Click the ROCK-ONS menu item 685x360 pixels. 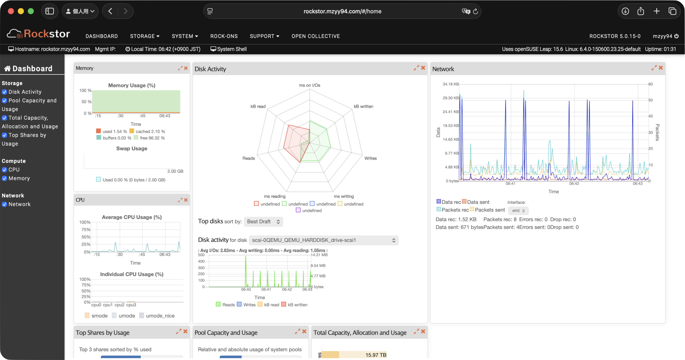224,36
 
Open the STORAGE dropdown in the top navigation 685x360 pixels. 145,36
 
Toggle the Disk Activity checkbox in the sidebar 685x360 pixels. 5,92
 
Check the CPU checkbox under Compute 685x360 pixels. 5,170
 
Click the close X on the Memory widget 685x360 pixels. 186,68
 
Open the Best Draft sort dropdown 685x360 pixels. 263,221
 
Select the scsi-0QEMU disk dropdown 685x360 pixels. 323,240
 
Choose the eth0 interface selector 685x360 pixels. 518,210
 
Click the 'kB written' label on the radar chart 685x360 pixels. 363,106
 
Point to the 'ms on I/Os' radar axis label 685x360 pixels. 309,85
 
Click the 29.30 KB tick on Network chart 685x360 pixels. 451,98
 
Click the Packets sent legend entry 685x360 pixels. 490,210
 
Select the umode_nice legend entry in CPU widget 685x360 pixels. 160,316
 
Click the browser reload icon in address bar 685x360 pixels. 475,11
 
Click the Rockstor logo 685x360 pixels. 38,34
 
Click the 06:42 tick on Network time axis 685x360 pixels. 574,183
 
